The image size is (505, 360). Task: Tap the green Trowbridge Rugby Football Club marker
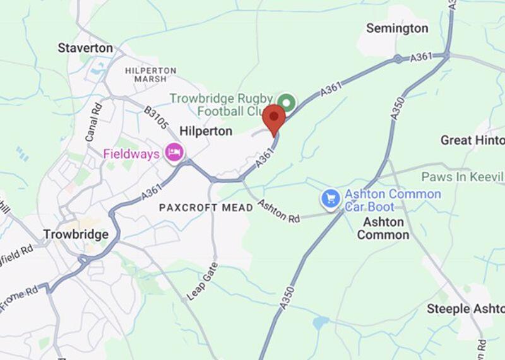287,102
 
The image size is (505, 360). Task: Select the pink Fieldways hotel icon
174,152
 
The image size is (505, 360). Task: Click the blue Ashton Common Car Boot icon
331,199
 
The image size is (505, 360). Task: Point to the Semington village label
397,28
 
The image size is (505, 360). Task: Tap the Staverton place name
85,48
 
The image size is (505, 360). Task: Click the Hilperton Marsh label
150,75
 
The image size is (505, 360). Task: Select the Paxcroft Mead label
197,208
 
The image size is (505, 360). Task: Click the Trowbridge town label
76,234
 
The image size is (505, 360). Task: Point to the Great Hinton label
472,140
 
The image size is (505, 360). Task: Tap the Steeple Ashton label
465,309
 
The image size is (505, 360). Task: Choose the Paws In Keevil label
463,176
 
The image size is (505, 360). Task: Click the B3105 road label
157,119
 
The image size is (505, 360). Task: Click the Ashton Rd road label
278,212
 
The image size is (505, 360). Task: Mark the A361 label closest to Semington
420,57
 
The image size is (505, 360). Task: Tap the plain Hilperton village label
206,131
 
